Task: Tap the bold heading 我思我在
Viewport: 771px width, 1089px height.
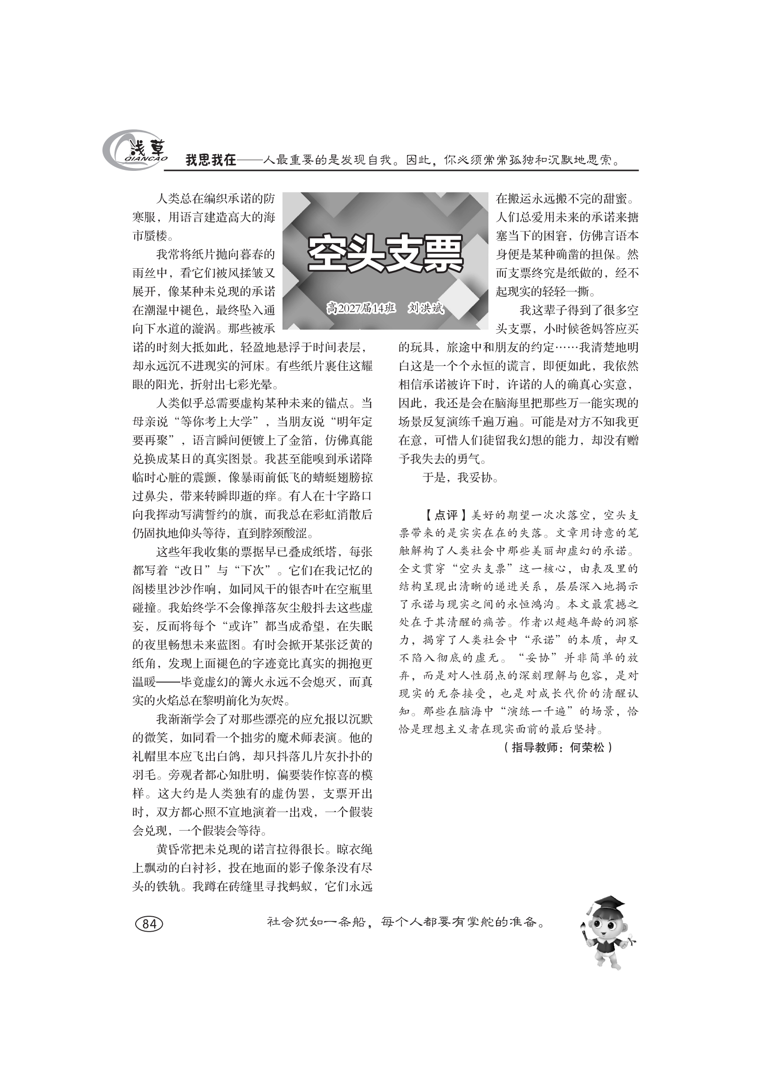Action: click(x=210, y=160)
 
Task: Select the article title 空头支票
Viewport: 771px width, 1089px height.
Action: click(x=385, y=253)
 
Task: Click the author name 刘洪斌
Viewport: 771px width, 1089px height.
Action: click(x=426, y=309)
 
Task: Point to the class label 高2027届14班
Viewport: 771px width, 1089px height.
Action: click(x=361, y=309)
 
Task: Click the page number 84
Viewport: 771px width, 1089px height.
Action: click(x=149, y=923)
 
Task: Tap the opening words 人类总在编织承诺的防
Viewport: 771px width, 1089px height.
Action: click(x=215, y=199)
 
